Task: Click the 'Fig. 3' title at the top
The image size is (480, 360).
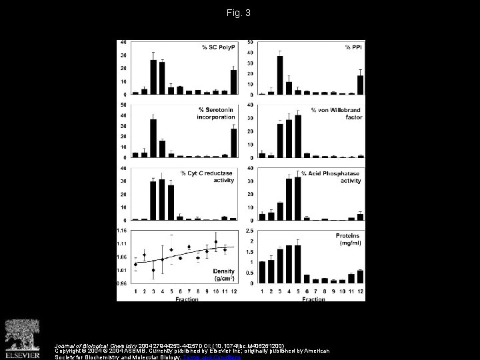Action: click(239, 13)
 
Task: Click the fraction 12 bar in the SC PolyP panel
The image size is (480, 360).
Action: click(233, 81)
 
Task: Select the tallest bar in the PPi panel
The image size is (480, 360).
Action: click(280, 75)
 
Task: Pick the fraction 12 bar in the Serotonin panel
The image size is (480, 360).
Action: click(233, 143)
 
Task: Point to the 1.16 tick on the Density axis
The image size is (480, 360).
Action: click(122, 230)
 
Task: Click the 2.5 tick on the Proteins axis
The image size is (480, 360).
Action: click(249, 230)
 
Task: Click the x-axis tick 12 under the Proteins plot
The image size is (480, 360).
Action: click(360, 291)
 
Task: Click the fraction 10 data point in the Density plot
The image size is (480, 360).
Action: click(216, 241)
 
